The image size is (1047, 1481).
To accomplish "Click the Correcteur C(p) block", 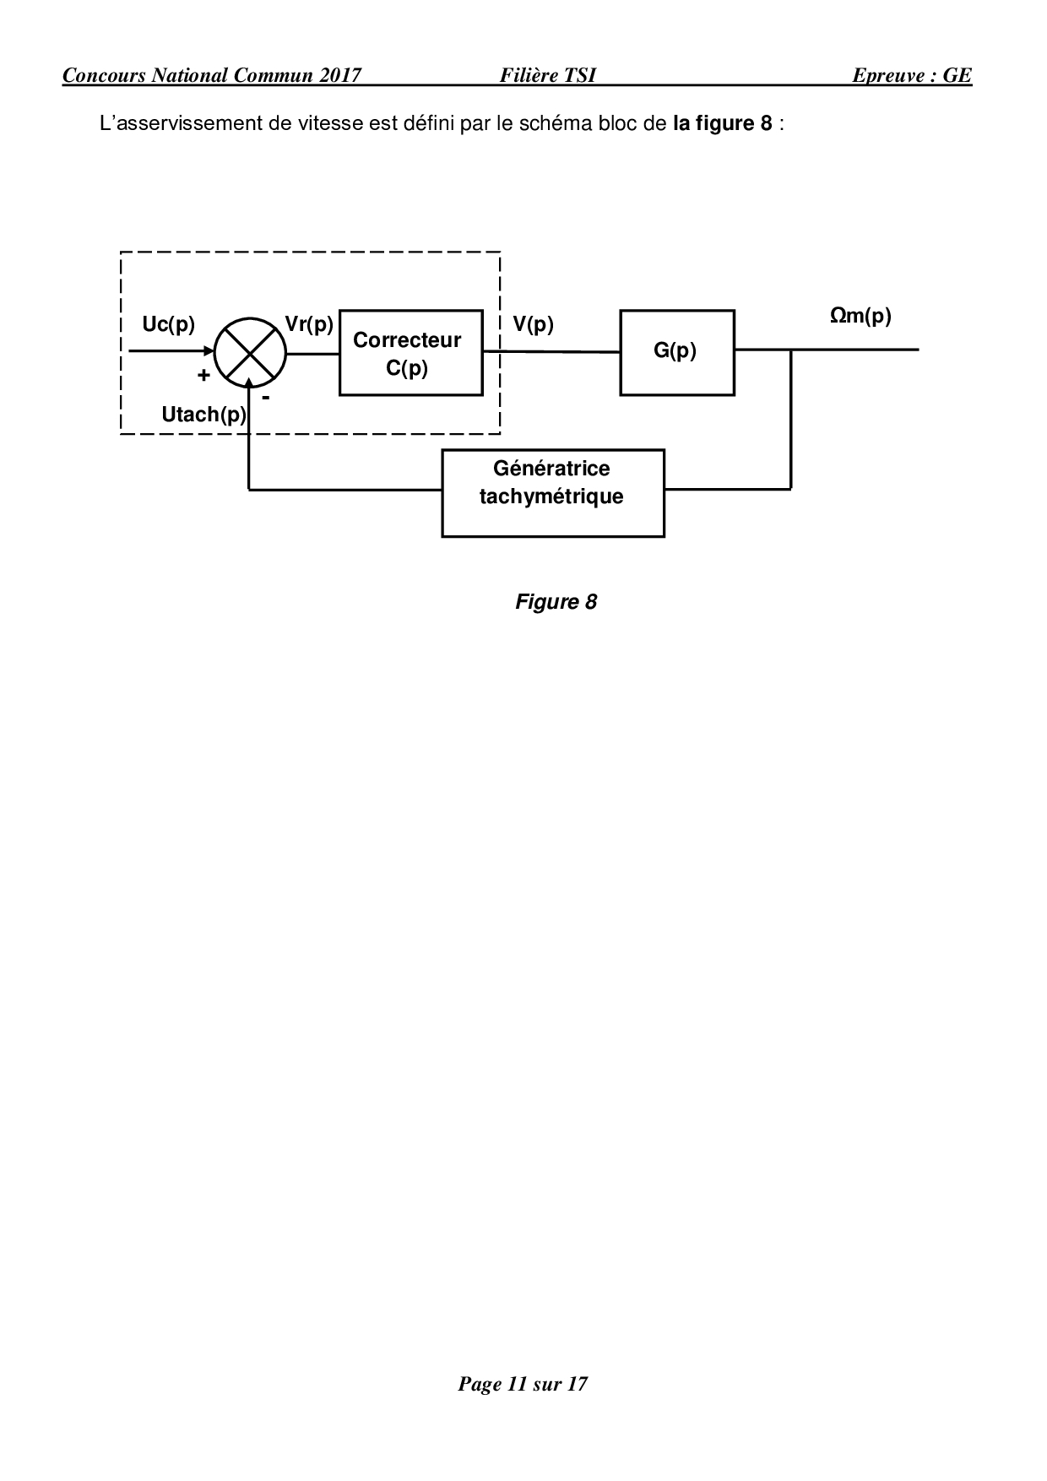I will [x=410, y=352].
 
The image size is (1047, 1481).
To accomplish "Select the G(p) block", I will [x=676, y=352].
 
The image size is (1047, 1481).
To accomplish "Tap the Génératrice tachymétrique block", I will [x=552, y=493].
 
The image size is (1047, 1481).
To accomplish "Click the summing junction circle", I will [x=250, y=353].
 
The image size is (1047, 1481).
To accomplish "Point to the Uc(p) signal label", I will [x=169, y=324].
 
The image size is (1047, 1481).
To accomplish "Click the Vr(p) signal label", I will [x=309, y=324].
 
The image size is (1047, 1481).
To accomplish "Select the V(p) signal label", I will [x=533, y=324].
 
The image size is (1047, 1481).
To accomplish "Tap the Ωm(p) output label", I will [x=860, y=316].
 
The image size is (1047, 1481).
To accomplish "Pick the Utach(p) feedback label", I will [x=203, y=415].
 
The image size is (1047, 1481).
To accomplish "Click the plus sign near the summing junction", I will [x=203, y=376].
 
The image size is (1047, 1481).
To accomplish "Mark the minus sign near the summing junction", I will [x=265, y=396].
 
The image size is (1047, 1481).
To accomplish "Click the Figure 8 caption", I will [x=556, y=602].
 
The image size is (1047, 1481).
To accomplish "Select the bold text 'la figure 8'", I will [x=722, y=123].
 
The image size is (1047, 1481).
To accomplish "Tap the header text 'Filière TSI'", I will [x=547, y=75].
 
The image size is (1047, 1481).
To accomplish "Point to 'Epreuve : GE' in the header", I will [x=911, y=75].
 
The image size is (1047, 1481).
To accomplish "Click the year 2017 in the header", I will [x=340, y=75].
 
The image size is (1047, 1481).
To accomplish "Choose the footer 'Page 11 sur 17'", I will [x=523, y=1384].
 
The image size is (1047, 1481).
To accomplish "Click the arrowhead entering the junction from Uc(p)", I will [x=209, y=352].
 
